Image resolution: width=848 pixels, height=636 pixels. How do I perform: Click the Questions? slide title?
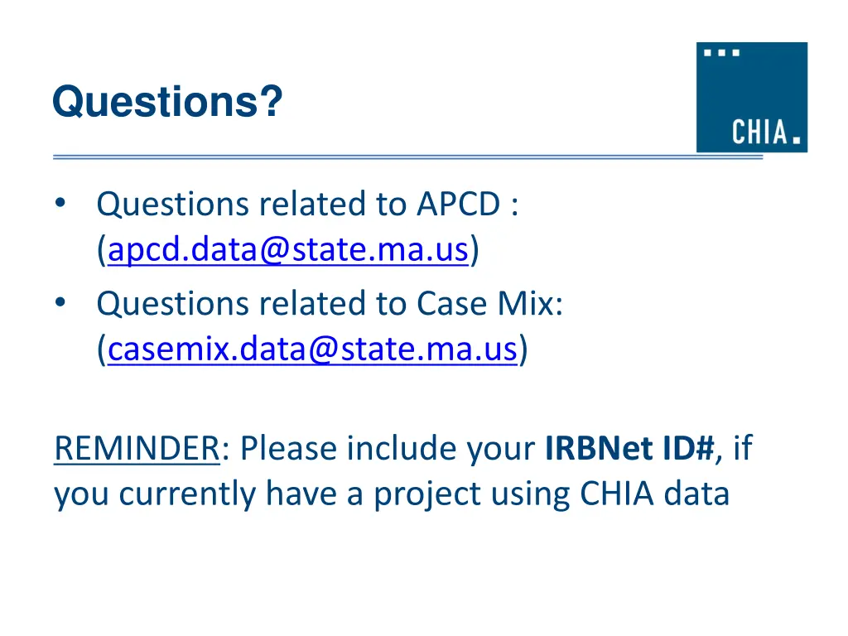coord(167,103)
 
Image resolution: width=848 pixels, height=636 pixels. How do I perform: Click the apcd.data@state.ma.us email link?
coord(289,249)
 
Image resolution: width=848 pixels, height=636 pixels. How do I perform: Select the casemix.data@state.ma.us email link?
coord(313,350)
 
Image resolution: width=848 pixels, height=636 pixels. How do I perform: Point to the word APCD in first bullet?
coord(457,204)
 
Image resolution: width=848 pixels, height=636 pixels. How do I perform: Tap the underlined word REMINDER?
coord(136,449)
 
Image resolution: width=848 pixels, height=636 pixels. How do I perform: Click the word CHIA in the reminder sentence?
coord(617,494)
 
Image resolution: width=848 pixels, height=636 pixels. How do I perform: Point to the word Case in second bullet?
coord(449,305)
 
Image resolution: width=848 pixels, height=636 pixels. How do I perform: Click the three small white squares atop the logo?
coord(722,53)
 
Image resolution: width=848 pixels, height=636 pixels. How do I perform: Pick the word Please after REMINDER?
coord(290,449)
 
